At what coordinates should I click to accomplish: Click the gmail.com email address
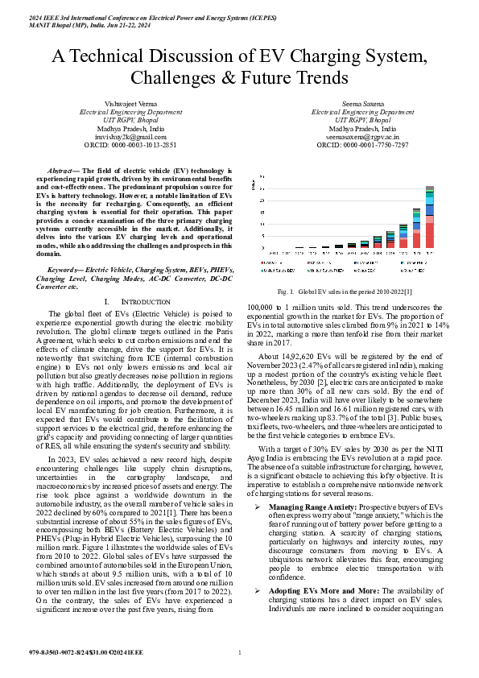(x=125, y=137)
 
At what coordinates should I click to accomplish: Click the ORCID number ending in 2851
(x=125, y=145)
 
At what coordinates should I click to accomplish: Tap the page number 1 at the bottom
(x=240, y=663)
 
